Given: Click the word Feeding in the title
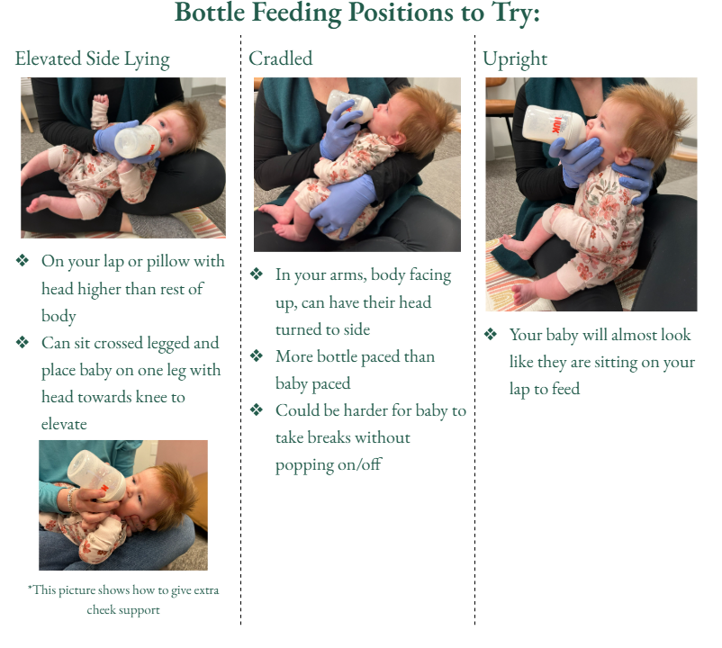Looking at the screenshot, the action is pos(297,13).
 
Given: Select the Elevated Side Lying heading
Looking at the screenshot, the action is pos(93,59).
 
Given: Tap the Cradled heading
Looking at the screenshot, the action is pos(280,58).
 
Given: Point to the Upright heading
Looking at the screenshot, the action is pos(515,59).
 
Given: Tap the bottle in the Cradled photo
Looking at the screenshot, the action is pos(350,106).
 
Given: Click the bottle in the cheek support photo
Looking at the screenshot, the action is pos(97,475).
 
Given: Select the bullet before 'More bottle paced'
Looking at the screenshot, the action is pos(257,355).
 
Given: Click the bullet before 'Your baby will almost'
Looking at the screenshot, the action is pos(491,334).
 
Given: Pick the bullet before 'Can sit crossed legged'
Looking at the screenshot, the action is pos(23,342).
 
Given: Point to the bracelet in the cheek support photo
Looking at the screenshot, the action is pos(70,499).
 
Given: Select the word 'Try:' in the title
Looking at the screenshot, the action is pos(516,13).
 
